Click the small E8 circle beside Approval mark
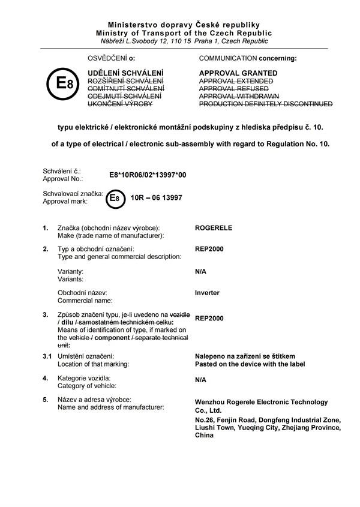(x=115, y=198)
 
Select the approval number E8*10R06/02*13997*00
(x=148, y=175)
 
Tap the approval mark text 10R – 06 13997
(x=157, y=197)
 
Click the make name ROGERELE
(x=214, y=228)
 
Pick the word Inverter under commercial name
(x=208, y=293)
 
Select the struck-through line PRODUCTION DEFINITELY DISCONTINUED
(x=265, y=104)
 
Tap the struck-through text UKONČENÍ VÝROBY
(x=120, y=104)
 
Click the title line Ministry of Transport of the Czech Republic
(x=183, y=33)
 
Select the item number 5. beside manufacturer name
(x=45, y=400)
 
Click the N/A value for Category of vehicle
(x=201, y=380)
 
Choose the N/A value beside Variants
(x=201, y=271)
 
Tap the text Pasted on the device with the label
(x=250, y=364)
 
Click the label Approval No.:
(x=62, y=179)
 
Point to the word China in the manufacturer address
(x=204, y=435)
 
